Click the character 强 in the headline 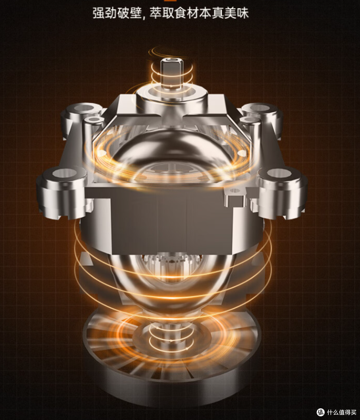(x=99, y=13)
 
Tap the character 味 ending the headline (x=243, y=13)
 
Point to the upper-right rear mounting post (x=262, y=118)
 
